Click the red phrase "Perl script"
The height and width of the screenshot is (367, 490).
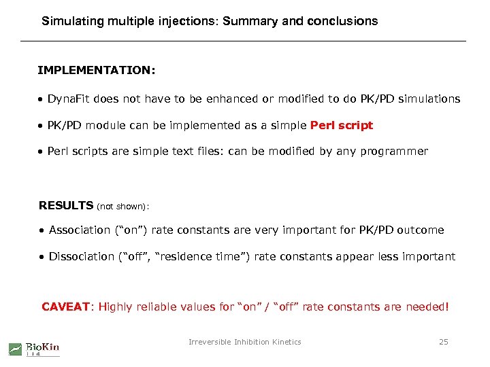pyautogui.click(x=342, y=126)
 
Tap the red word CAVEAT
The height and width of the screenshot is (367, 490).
pyautogui.click(x=66, y=307)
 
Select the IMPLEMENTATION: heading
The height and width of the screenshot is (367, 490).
pyautogui.click(x=96, y=70)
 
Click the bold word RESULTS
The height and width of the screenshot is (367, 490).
pyautogui.click(x=66, y=205)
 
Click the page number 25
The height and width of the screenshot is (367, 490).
pyautogui.click(x=443, y=342)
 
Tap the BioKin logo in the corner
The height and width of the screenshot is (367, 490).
pyautogui.click(x=34, y=348)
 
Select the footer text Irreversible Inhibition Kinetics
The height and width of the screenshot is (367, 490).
pyautogui.click(x=244, y=342)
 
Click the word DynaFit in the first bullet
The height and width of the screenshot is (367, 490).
pyautogui.click(x=69, y=99)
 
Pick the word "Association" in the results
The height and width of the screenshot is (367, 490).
pyautogui.click(x=79, y=230)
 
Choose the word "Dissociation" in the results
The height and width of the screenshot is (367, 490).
pyautogui.click(x=82, y=256)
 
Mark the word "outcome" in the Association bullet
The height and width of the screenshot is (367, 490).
pyautogui.click(x=421, y=230)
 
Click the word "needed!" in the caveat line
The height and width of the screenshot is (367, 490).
pyautogui.click(x=427, y=307)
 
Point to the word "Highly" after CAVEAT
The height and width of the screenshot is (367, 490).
pyautogui.click(x=116, y=307)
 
